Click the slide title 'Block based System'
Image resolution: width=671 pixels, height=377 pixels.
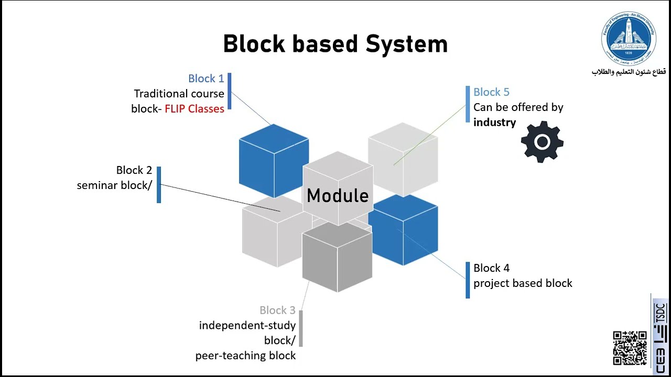click(335, 44)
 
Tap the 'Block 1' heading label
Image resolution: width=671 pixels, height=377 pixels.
click(206, 79)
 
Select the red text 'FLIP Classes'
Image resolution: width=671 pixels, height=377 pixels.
click(194, 109)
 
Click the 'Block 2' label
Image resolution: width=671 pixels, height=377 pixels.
click(134, 170)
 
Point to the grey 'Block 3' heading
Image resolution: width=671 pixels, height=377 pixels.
click(277, 311)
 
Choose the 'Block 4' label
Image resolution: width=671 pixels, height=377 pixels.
click(491, 268)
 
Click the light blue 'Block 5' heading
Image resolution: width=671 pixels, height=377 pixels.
click(491, 92)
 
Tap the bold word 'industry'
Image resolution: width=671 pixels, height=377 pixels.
click(494, 123)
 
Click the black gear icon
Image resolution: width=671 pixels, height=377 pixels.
click(542, 142)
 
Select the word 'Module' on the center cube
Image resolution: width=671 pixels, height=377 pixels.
click(338, 196)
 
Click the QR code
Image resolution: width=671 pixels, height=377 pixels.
click(630, 348)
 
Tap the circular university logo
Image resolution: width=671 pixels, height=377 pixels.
click(629, 40)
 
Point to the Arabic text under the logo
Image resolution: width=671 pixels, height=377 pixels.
click(629, 72)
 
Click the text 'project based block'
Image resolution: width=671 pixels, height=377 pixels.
click(523, 283)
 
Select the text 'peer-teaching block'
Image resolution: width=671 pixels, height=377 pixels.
click(245, 356)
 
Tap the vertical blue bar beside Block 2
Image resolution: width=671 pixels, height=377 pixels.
click(159, 184)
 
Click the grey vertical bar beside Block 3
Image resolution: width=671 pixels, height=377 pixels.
click(301, 328)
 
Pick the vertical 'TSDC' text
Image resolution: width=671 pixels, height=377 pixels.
click(659, 314)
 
